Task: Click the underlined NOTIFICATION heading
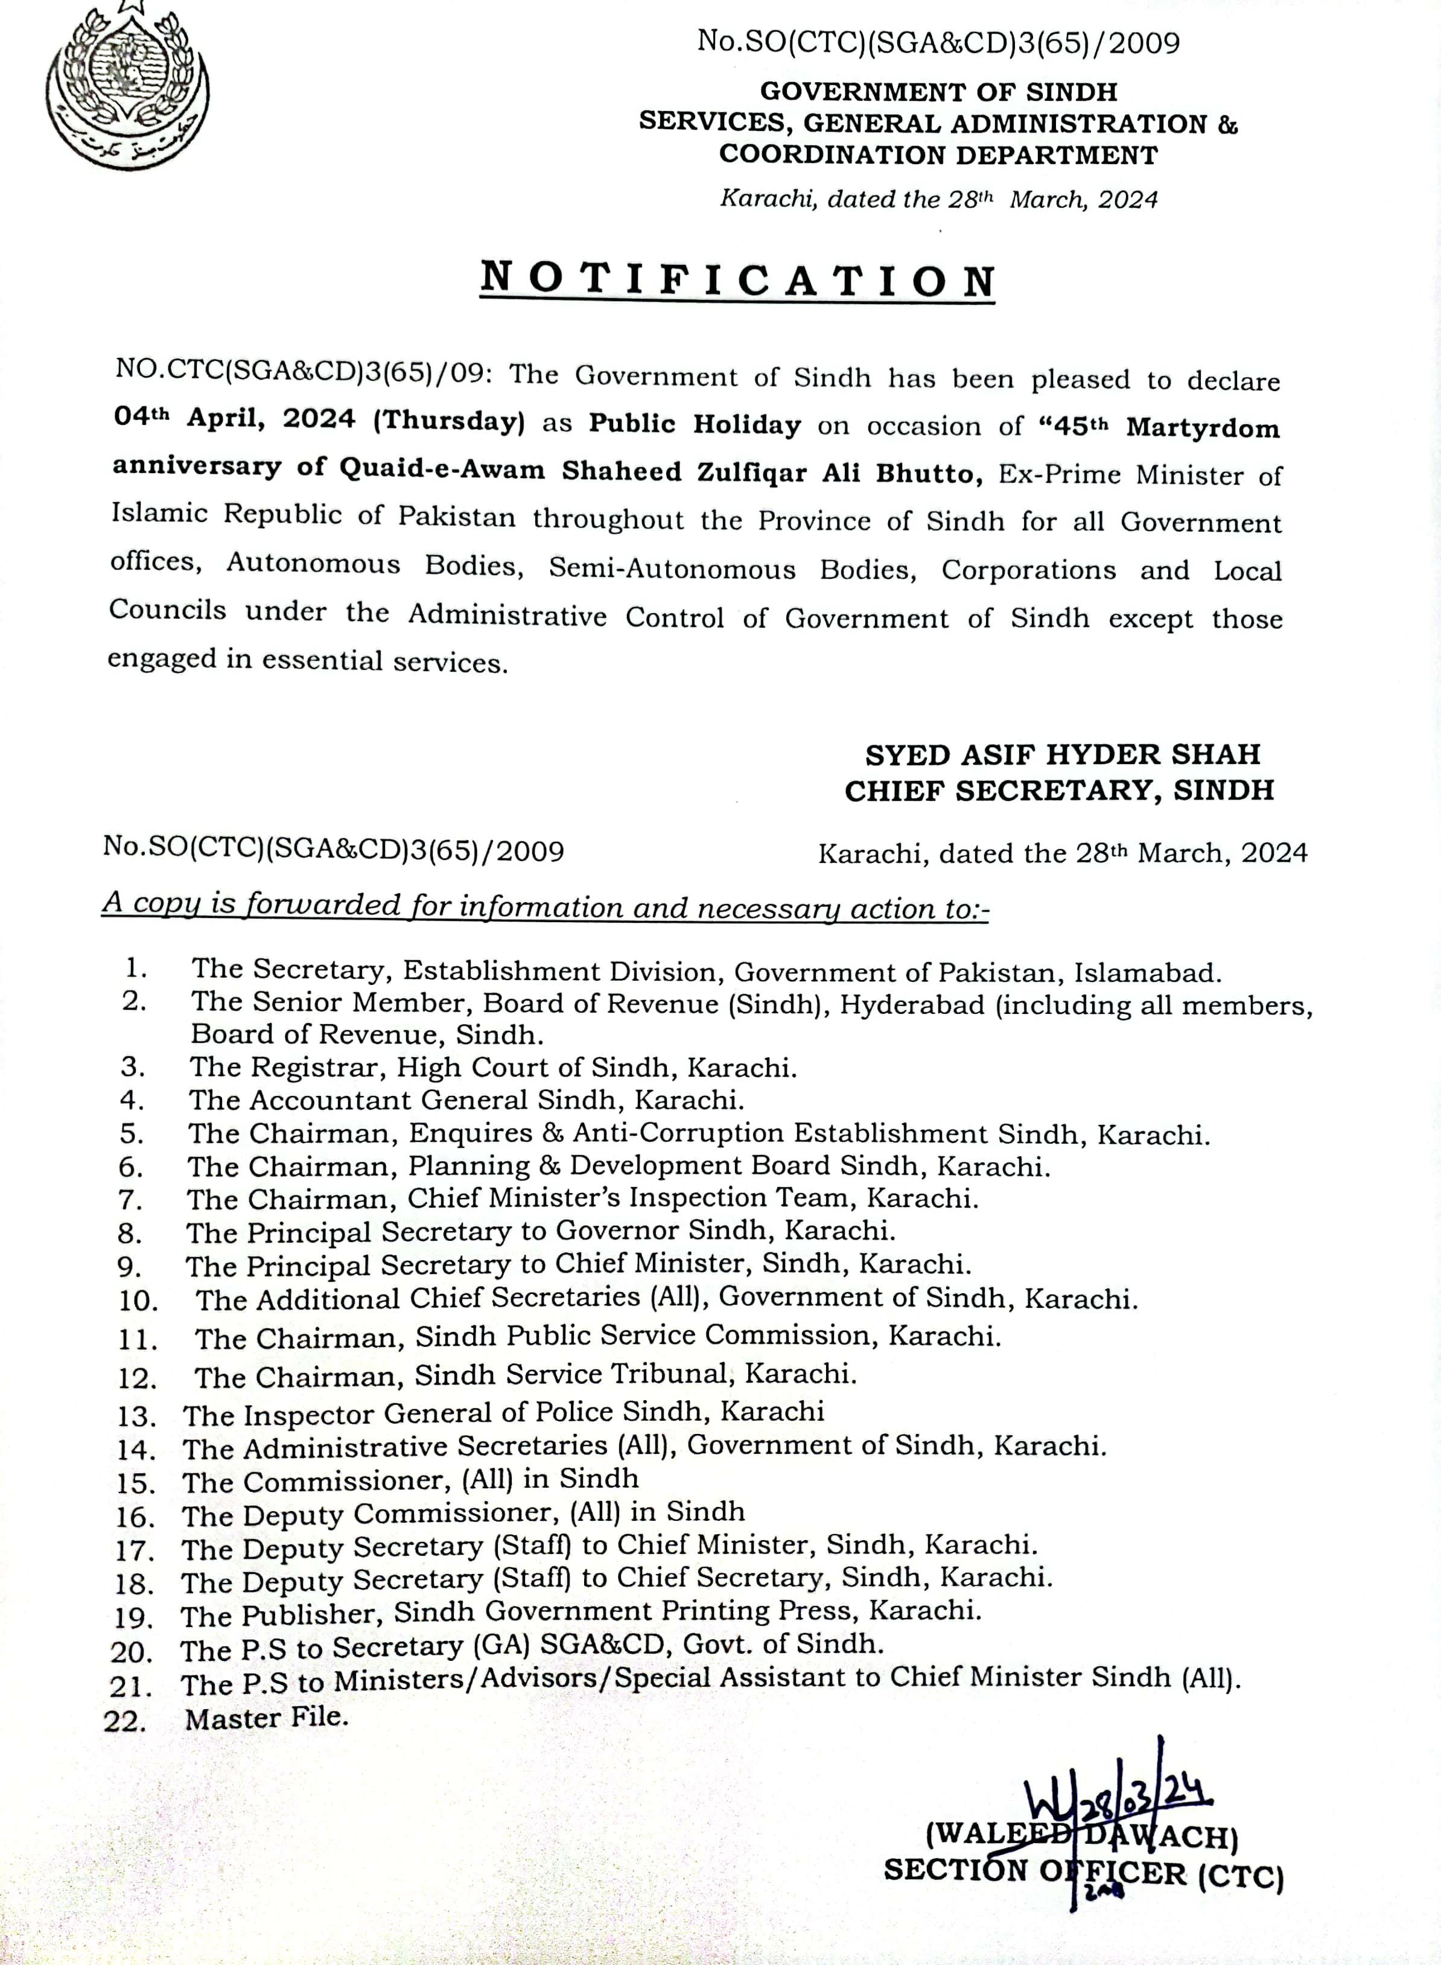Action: (738, 280)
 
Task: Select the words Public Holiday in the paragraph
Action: (695, 425)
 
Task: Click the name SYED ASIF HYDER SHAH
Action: (1063, 754)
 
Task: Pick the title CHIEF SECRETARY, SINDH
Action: (1059, 790)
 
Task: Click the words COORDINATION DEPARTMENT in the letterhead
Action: (938, 154)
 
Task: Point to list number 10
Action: (138, 1301)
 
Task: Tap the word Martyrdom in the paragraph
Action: (1203, 428)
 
